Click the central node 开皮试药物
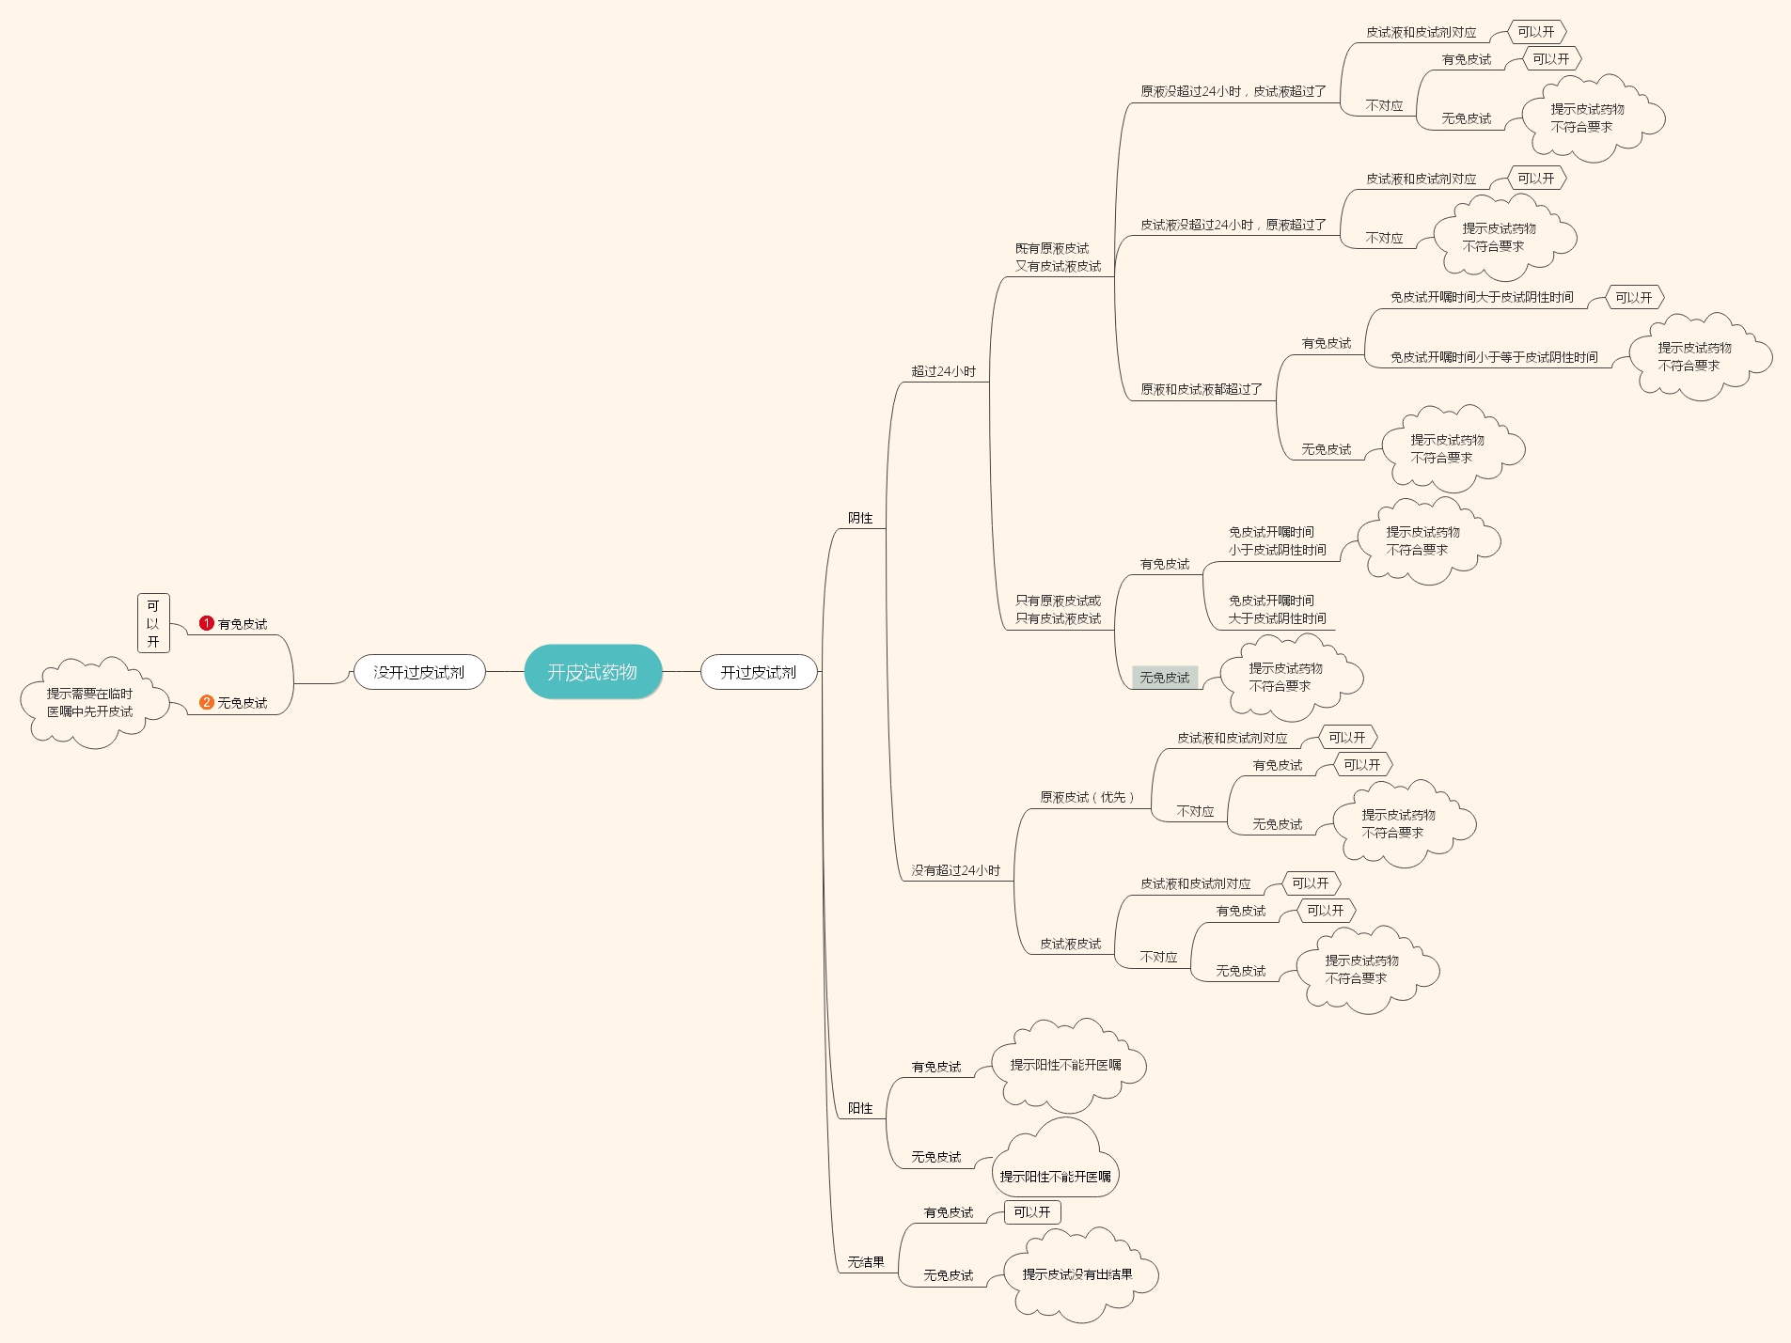click(592, 672)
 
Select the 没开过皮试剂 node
click(418, 672)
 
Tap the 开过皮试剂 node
click(758, 672)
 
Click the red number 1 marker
click(207, 623)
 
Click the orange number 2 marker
click(207, 702)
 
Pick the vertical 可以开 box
click(153, 623)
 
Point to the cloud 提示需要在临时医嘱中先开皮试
click(90, 703)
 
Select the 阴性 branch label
click(860, 518)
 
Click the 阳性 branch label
click(860, 1108)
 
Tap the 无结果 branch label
click(866, 1262)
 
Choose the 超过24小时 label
click(943, 371)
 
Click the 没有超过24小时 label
click(955, 870)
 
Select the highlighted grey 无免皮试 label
click(1165, 677)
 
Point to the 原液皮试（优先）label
click(1088, 797)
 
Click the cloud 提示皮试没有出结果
click(1077, 1274)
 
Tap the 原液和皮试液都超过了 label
click(1202, 389)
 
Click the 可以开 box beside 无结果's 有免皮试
click(1032, 1212)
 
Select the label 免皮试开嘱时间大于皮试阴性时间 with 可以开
click(1482, 297)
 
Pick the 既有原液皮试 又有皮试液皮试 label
click(1058, 258)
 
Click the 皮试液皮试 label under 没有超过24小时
click(1070, 944)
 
